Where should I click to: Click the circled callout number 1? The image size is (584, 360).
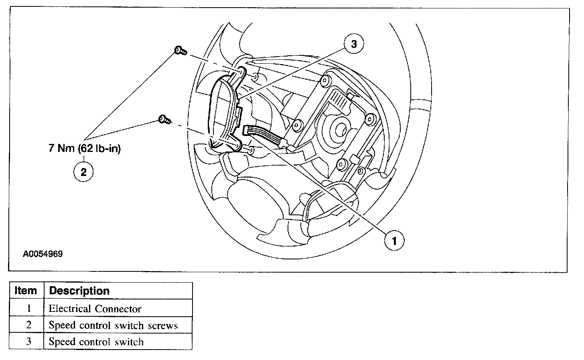tap(394, 241)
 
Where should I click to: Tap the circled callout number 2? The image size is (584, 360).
tap(83, 172)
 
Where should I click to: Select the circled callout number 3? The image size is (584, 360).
tap(353, 44)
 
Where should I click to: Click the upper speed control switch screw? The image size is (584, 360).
tap(180, 51)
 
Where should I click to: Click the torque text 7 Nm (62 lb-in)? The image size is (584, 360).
tap(85, 148)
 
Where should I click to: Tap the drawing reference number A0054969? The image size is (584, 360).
tap(43, 254)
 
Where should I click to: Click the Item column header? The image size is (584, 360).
tap(26, 291)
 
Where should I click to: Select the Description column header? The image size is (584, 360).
tap(79, 291)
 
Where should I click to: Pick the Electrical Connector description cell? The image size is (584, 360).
tap(95, 309)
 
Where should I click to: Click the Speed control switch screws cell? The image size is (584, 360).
tap(113, 325)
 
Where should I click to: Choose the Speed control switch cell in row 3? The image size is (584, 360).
tap(96, 342)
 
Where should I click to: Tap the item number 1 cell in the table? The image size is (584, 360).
tap(28, 309)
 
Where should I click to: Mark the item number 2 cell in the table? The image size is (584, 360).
tap(28, 325)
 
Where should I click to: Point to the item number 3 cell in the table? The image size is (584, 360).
tap(28, 342)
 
